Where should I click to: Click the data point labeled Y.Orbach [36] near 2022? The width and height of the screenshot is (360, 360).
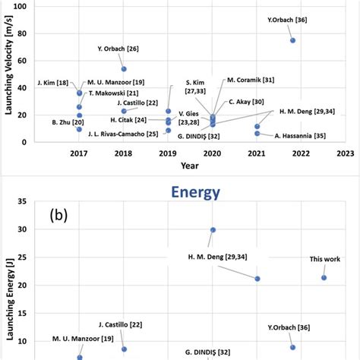(x=292, y=40)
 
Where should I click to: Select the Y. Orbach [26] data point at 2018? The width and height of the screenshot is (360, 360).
(x=124, y=69)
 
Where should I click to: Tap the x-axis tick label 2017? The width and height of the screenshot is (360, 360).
(x=79, y=153)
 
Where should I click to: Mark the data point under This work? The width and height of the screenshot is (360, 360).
(x=324, y=277)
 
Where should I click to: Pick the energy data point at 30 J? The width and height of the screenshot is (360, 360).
(x=213, y=229)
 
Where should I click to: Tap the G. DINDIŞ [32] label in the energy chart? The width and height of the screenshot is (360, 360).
(x=203, y=352)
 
